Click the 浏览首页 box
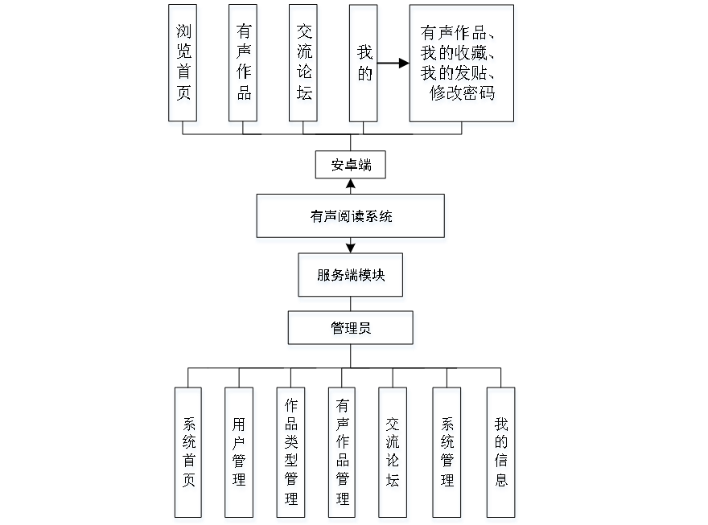184,66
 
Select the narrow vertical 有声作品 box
244,66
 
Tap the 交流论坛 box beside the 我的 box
304,66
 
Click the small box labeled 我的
364,66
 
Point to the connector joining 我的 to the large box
394,63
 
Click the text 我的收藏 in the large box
455,55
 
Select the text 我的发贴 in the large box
455,75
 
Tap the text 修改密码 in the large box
463,95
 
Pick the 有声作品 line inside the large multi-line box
455,35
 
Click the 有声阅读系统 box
351,219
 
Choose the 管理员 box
351,330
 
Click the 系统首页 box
189,455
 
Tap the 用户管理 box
240,455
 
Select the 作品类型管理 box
291,455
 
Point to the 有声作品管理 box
343,455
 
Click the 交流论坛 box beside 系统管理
393,455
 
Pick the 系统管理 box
447,455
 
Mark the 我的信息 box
501,455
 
